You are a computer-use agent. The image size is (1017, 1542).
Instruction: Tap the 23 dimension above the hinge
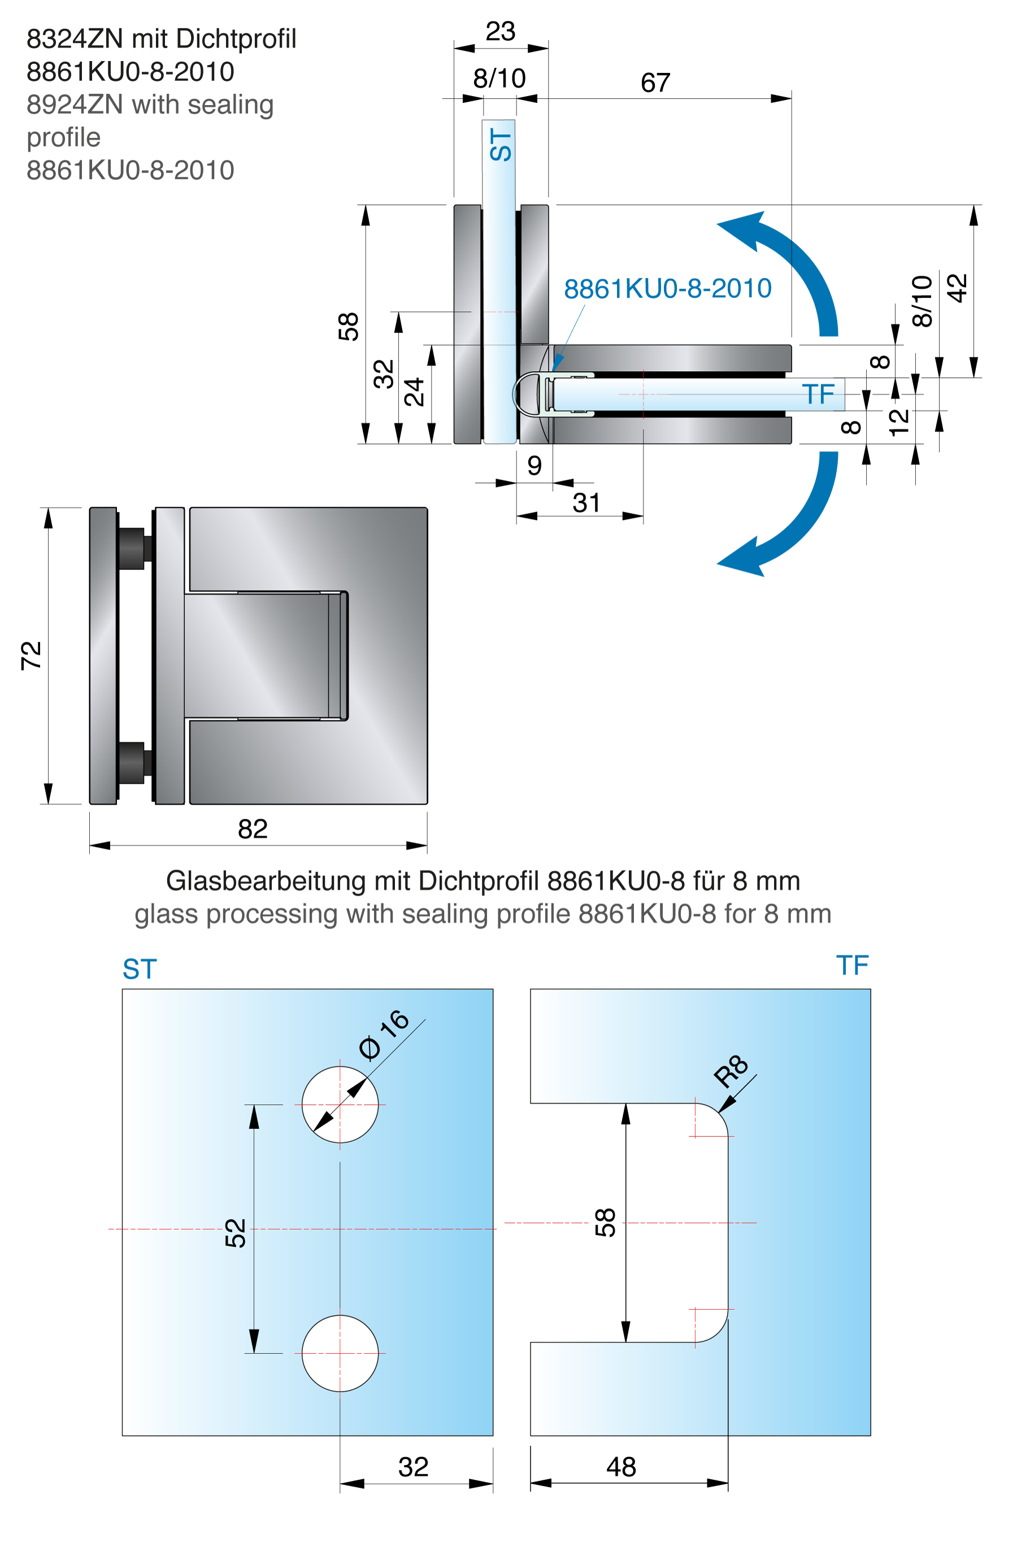(500, 31)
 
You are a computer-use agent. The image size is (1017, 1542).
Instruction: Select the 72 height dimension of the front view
(31, 655)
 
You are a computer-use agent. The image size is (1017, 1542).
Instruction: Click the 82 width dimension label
(253, 829)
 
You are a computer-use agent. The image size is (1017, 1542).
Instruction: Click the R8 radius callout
(731, 1071)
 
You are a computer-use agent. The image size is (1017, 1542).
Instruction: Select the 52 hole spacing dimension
(236, 1233)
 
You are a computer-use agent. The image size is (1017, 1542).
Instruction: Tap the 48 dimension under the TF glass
(621, 1467)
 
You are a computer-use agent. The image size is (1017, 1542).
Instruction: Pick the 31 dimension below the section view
(586, 502)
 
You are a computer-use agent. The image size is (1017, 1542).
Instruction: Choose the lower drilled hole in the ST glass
(340, 1354)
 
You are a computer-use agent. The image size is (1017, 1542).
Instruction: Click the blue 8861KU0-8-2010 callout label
(667, 289)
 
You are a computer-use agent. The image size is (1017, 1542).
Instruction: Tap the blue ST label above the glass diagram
(140, 970)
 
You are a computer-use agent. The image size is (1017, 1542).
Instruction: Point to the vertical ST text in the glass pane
(501, 144)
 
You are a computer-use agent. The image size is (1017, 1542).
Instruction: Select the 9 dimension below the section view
(534, 466)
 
